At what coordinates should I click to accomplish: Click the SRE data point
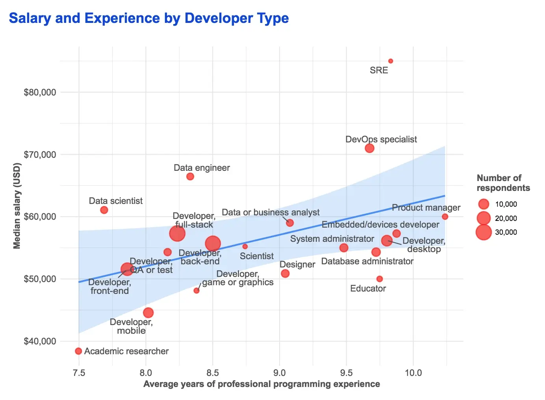[x=391, y=61]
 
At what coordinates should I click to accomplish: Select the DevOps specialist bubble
[x=369, y=148]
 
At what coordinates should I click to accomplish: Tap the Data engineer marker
[x=190, y=176]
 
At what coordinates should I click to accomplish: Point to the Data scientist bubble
[x=104, y=210]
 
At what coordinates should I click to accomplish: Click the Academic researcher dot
[x=78, y=351]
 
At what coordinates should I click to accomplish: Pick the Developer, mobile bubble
[x=148, y=313]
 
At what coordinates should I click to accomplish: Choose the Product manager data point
[x=445, y=217]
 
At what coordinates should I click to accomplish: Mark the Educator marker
[x=380, y=279]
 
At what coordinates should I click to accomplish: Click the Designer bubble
[x=285, y=273]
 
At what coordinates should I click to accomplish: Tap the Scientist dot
[x=245, y=247]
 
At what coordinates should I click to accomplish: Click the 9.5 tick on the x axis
[x=347, y=373]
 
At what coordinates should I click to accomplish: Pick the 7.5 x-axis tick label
[x=79, y=373]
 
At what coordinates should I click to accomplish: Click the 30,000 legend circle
[x=484, y=232]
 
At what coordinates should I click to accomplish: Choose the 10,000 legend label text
[x=506, y=204]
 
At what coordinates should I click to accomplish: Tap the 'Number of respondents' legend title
[x=503, y=183]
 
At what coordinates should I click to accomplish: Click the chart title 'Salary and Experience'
[x=149, y=18]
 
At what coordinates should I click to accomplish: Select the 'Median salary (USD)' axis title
[x=17, y=206]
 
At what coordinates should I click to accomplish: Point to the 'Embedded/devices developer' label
[x=380, y=225]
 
